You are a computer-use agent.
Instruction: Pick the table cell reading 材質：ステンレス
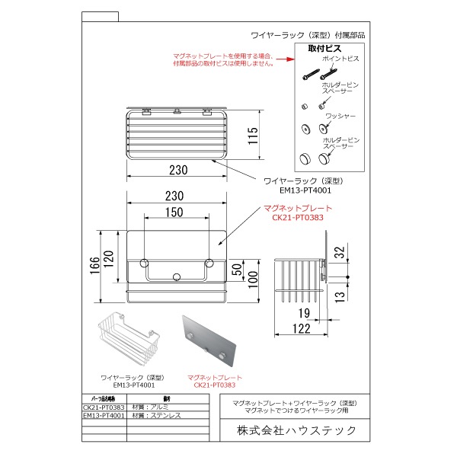pyautogui.click(x=152, y=416)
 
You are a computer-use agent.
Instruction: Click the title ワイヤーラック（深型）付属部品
pyautogui.click(x=308, y=35)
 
